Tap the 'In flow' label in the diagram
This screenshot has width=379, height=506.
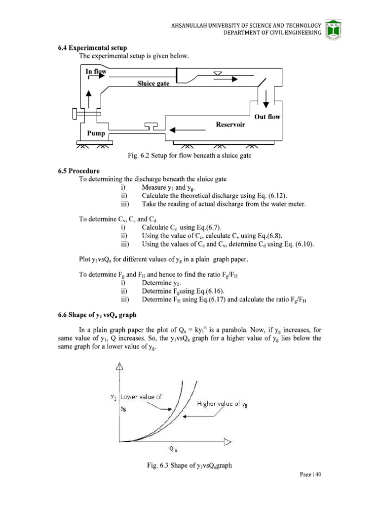point(96,72)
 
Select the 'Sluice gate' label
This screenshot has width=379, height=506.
point(153,84)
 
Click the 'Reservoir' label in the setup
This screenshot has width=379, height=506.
point(230,125)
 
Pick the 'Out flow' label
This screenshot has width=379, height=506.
point(267,117)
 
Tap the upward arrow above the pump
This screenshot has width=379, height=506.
point(88,98)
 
